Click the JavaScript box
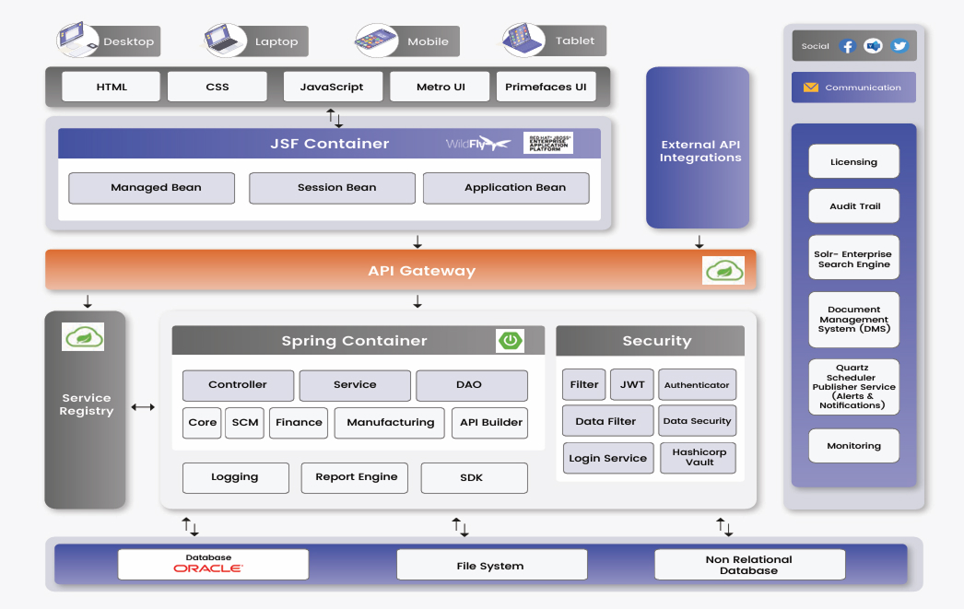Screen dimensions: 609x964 pos(332,87)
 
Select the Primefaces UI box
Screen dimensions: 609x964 pos(546,87)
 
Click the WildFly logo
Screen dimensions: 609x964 pos(477,144)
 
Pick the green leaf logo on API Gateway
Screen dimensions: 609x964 pos(723,270)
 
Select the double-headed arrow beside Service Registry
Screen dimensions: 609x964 pos(143,406)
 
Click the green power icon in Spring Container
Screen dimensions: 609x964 pos(510,340)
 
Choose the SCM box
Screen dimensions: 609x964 pos(245,423)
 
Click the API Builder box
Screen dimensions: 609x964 pos(490,423)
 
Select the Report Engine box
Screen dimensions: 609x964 pos(357,477)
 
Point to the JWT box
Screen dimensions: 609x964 pos(632,385)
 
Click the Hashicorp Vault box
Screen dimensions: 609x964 pos(699,458)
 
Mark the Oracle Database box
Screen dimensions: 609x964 pos(213,564)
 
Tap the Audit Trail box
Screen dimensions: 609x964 pos(853,206)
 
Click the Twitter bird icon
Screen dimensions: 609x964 pos(899,46)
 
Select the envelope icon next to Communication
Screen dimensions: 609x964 pos(811,88)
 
